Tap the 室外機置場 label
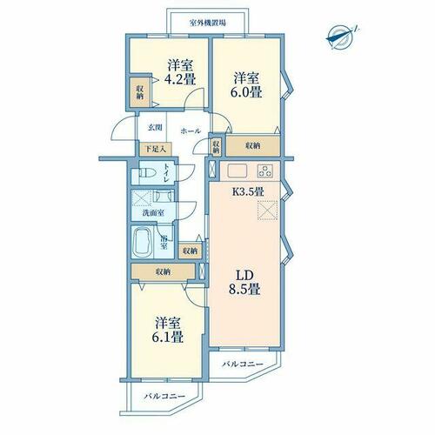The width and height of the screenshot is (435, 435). (208, 23)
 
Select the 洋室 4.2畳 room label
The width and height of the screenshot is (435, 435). (180, 72)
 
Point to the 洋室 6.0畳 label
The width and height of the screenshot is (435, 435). (246, 85)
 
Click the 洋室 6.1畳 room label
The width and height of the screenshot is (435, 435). (168, 330)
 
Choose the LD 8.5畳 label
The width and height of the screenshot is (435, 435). (244, 283)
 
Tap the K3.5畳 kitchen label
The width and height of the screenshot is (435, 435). (248, 191)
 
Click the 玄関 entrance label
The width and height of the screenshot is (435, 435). (155, 128)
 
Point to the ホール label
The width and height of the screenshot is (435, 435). (191, 131)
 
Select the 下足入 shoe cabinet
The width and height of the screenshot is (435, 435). (156, 150)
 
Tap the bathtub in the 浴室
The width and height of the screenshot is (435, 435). (142, 242)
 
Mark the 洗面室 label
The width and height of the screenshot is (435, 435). (153, 213)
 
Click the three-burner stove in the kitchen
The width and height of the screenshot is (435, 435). (264, 171)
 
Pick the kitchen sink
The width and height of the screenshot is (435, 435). (237, 171)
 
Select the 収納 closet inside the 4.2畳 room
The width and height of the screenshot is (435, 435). (140, 92)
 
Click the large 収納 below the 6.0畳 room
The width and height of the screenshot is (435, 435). (253, 146)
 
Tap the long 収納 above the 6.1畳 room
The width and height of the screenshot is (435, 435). (163, 271)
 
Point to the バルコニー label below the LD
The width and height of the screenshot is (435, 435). (243, 364)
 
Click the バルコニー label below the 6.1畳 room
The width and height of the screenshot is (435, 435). (165, 396)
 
